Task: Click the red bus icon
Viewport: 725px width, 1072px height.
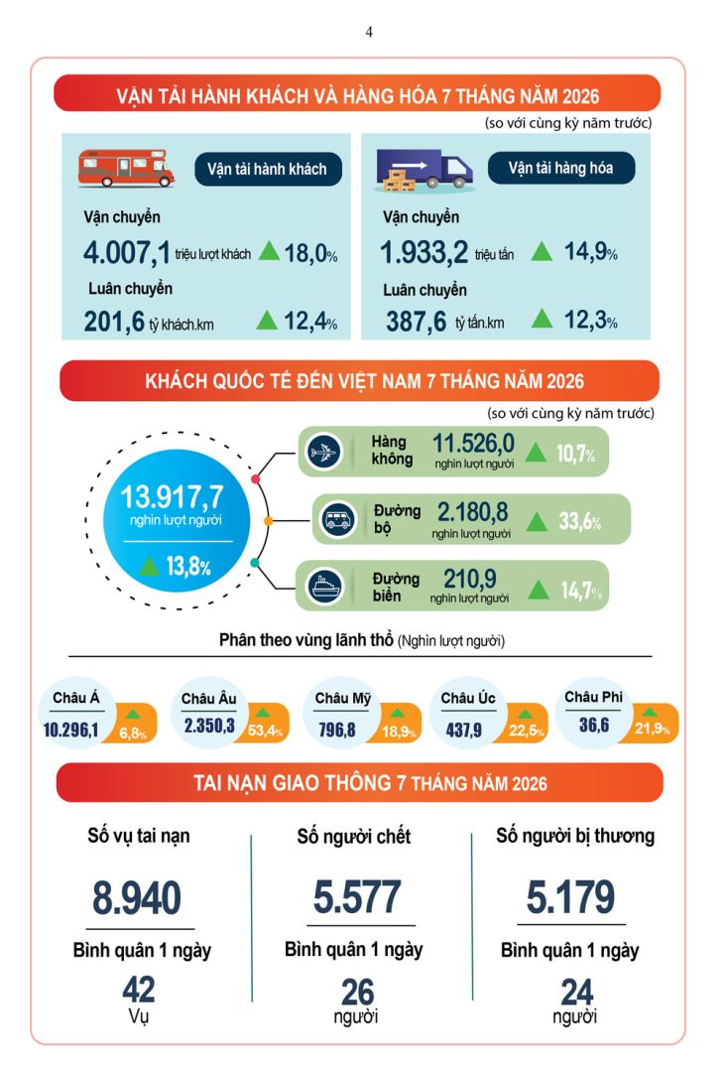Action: (126, 168)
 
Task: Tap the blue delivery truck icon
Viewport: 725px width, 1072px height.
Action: (423, 169)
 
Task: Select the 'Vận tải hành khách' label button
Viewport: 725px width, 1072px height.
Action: (267, 169)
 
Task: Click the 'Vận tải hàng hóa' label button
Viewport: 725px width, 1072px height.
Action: (561, 168)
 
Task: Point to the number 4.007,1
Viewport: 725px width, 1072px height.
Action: (126, 252)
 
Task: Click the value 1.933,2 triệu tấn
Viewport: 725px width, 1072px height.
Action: (447, 252)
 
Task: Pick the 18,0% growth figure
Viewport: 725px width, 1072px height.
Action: (310, 253)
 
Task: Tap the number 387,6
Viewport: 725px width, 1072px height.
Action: (417, 321)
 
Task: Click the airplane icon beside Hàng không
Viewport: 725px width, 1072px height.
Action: (323, 452)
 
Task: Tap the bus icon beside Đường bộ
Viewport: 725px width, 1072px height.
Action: (338, 519)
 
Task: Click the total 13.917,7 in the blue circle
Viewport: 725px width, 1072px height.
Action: (173, 496)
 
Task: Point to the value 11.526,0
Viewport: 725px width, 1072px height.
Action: (473, 443)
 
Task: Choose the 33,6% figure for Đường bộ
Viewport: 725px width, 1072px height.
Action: (580, 522)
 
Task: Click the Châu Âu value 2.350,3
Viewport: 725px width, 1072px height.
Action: (209, 726)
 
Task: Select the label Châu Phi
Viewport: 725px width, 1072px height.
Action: (593, 697)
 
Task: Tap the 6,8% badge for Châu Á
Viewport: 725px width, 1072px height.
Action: (133, 734)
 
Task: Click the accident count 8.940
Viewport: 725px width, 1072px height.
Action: (137, 897)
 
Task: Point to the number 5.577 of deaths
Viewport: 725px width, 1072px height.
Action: (357, 897)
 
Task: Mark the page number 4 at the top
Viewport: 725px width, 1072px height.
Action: (369, 32)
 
